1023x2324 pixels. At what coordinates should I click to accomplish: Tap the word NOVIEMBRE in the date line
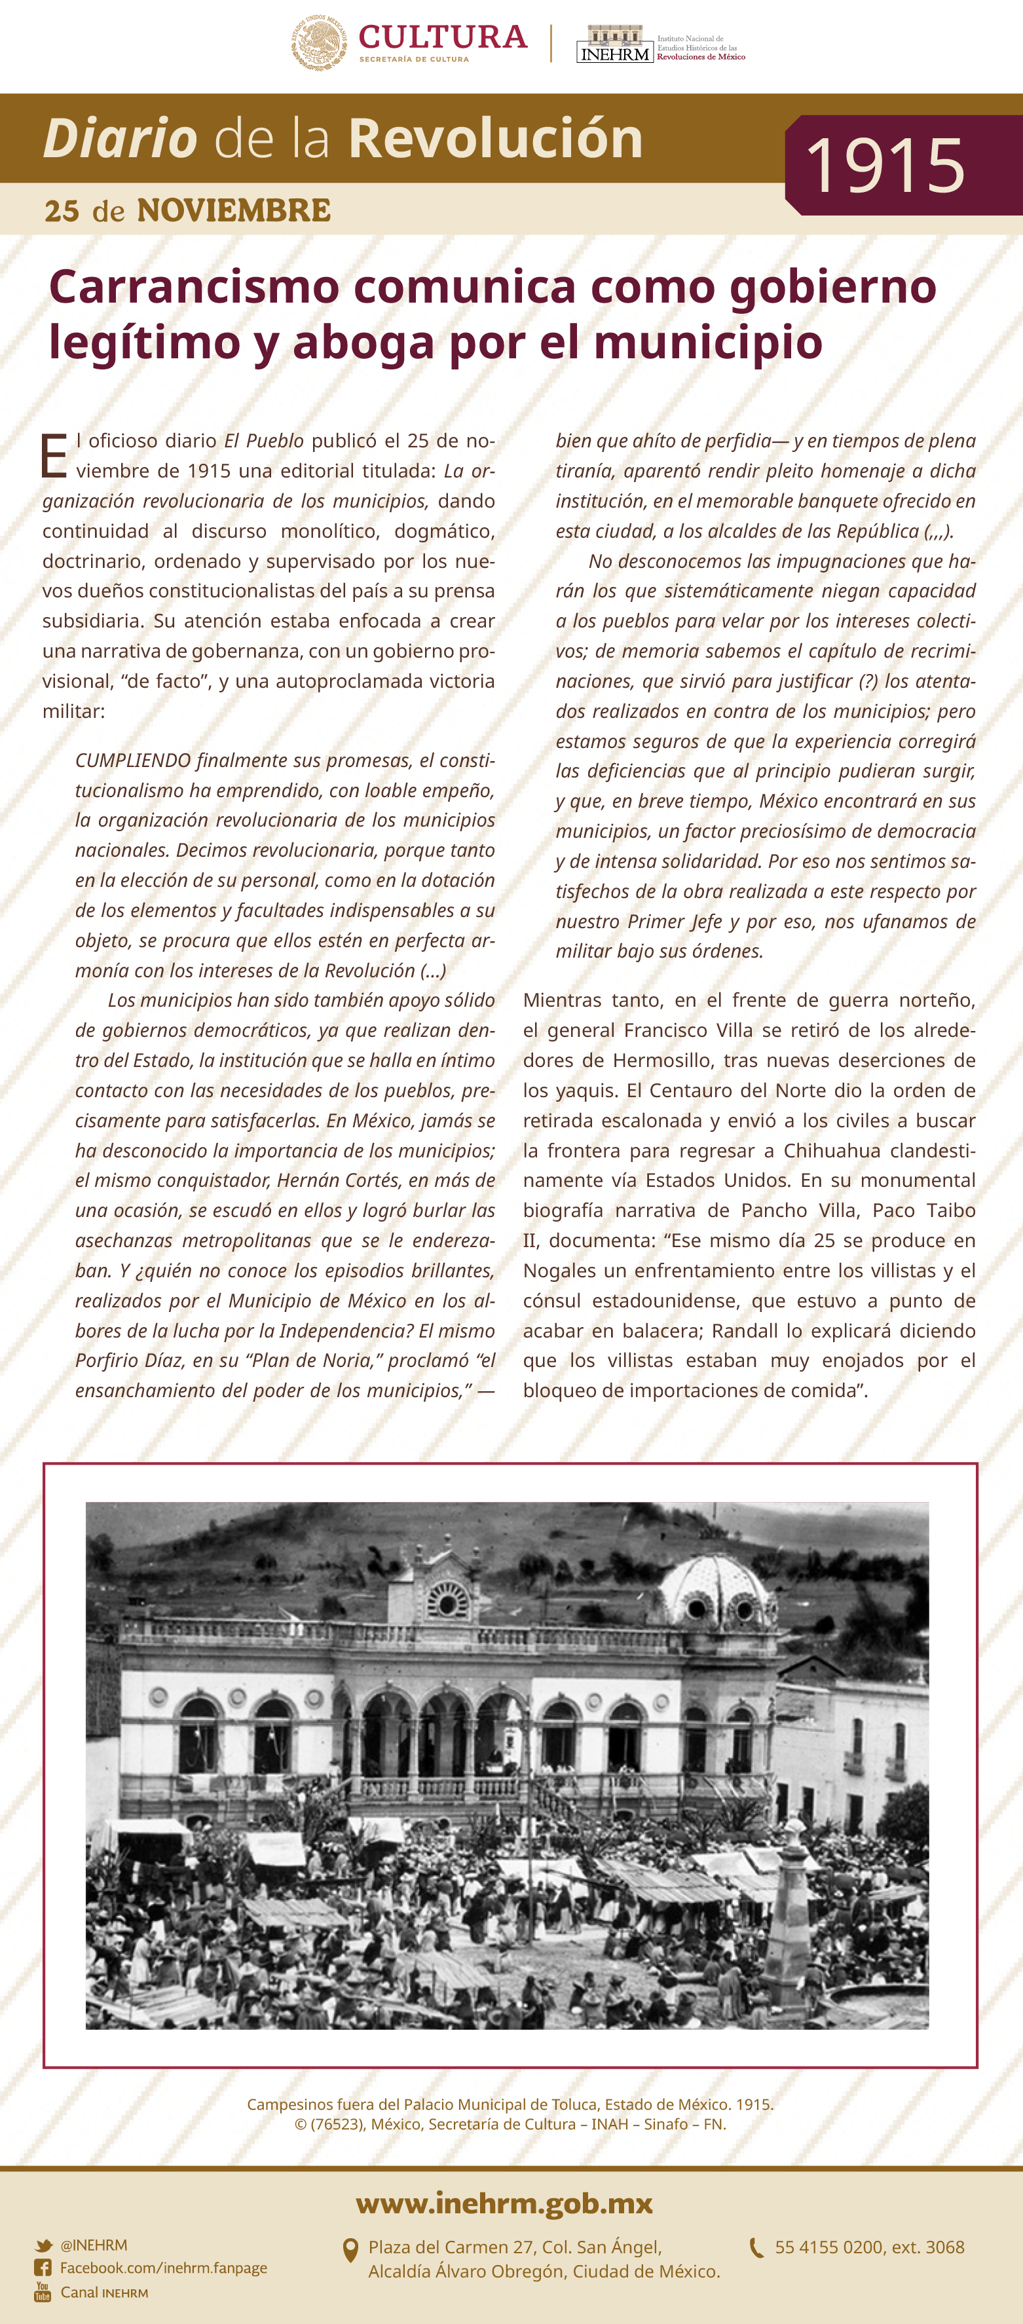tap(234, 210)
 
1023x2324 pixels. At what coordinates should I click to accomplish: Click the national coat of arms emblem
tap(318, 43)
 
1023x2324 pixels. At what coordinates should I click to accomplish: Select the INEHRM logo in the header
tap(615, 44)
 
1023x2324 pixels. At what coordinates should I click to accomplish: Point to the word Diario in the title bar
tap(120, 139)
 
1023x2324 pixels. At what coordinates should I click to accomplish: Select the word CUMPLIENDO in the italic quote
tap(132, 760)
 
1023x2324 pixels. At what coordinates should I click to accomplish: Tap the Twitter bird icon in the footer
tap(43, 2245)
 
